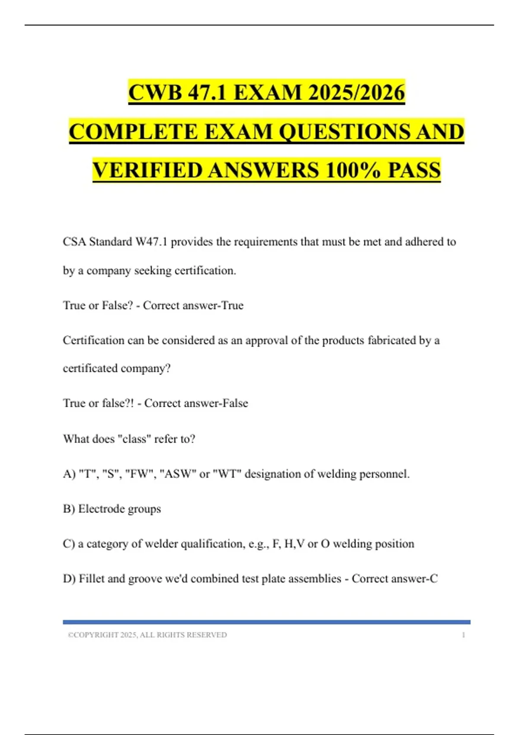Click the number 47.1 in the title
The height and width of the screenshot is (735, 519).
coord(207,93)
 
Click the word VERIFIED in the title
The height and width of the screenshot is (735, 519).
coord(147,170)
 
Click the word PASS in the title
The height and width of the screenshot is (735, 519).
coord(414,170)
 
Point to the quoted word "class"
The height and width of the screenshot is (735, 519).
coord(135,439)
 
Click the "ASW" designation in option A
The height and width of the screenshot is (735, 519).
coord(177,474)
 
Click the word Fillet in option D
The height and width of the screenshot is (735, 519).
coord(91,578)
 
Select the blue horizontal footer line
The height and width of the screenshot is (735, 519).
coord(266,622)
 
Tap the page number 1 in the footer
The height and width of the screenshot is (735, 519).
coord(463,635)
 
